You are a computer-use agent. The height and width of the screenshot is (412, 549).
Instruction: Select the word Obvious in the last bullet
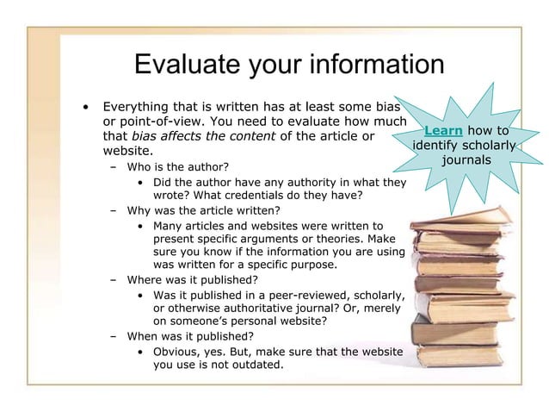click(x=176, y=351)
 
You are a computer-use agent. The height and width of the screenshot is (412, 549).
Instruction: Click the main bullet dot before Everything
click(x=85, y=108)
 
